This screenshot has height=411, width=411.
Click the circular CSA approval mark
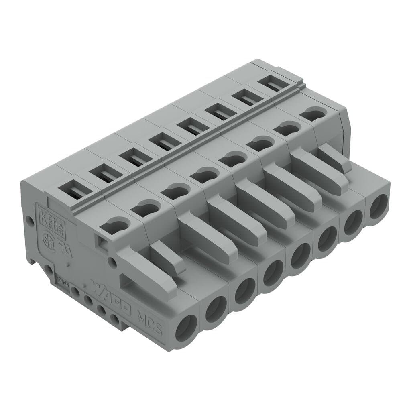click(48, 239)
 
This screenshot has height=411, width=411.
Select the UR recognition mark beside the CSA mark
click(63, 249)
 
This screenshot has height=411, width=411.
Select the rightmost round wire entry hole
click(379, 206)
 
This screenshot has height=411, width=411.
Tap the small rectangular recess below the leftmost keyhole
click(102, 242)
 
